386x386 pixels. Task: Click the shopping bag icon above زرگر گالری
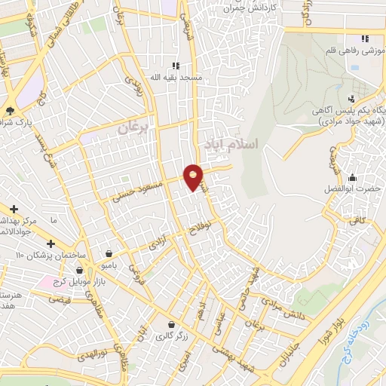[x=172, y=324]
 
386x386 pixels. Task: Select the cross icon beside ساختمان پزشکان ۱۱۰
[x=51, y=244]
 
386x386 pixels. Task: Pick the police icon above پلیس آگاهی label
[x=351, y=99]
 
